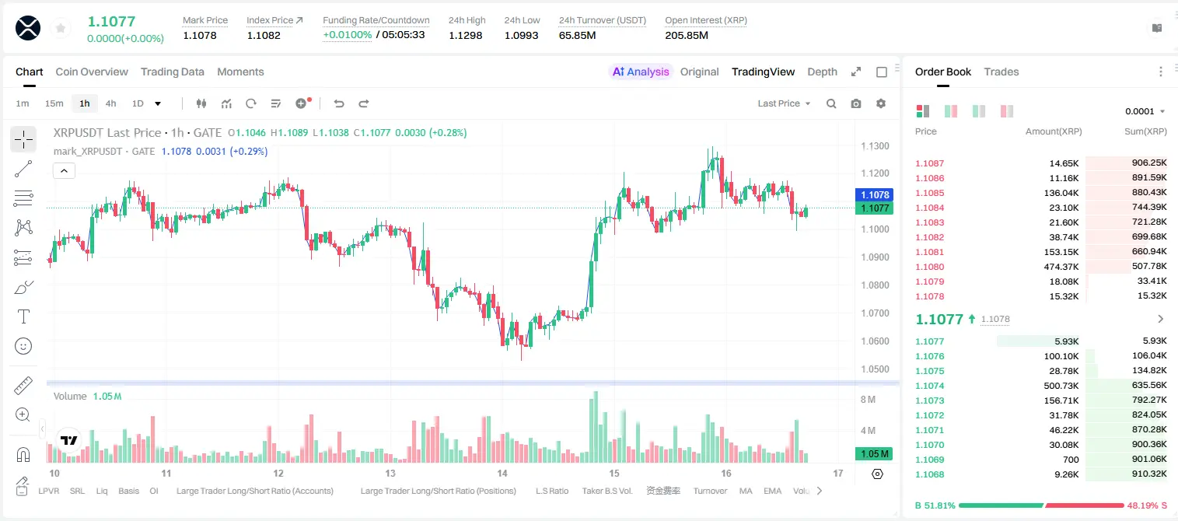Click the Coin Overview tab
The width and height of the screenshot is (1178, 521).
coord(92,72)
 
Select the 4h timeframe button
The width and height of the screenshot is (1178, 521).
coord(110,103)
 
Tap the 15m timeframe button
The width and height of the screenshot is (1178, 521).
coord(54,103)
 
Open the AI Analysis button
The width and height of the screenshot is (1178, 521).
coord(641,72)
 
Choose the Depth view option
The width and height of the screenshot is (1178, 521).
coord(822,72)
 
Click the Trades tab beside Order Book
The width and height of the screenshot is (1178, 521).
coord(1001,72)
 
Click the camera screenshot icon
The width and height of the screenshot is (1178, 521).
coord(856,103)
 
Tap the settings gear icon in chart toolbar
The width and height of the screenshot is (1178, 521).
coord(881,103)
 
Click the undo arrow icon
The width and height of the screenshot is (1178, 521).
coord(339,103)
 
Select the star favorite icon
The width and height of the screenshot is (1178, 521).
coord(61,28)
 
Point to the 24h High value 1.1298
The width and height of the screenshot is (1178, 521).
coord(466,35)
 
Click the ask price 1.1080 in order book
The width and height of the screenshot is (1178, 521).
coord(930,267)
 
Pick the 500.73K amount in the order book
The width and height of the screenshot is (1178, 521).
coord(1061,386)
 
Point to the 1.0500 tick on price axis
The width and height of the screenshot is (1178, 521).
coord(875,369)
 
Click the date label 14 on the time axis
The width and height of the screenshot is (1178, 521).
coord(502,473)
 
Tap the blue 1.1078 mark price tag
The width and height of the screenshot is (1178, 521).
coord(875,194)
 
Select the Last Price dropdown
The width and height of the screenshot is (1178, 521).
coord(784,103)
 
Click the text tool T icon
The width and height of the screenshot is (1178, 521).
coord(23,316)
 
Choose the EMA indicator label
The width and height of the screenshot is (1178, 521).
coord(772,491)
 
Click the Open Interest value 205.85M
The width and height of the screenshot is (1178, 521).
coord(687,35)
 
